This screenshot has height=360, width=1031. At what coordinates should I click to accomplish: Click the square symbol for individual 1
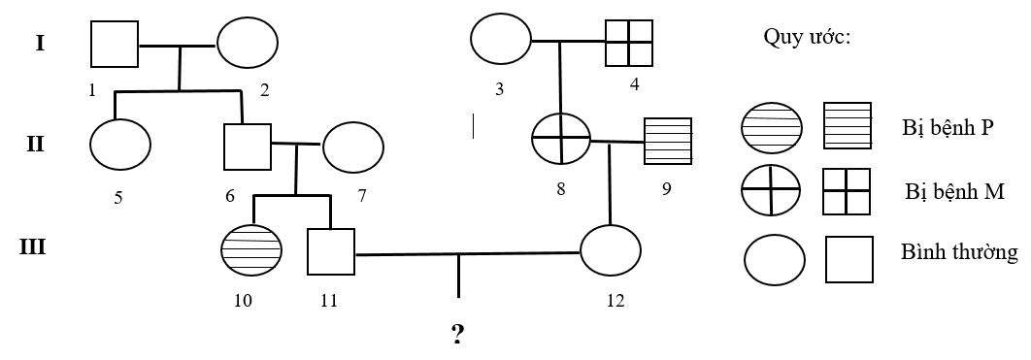pyautogui.click(x=115, y=45)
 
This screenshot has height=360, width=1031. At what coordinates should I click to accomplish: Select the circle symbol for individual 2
pyautogui.click(x=247, y=45)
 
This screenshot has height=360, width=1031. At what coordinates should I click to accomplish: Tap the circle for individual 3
pyautogui.click(x=501, y=41)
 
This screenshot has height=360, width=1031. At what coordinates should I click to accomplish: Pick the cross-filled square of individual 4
pyautogui.click(x=629, y=41)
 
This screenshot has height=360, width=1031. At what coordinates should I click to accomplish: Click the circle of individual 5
pyautogui.click(x=120, y=144)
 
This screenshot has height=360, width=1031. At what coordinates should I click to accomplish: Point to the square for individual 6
pyautogui.click(x=247, y=146)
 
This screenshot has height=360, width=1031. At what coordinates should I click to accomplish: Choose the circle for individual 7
pyautogui.click(x=352, y=147)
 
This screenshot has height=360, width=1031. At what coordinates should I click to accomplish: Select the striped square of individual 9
pyautogui.click(x=668, y=142)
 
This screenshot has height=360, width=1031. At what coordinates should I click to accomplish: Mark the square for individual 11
pyautogui.click(x=330, y=252)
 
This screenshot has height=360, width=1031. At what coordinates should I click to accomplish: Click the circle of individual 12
pyautogui.click(x=611, y=251)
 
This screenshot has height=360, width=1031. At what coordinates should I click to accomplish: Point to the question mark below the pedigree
pyautogui.click(x=457, y=335)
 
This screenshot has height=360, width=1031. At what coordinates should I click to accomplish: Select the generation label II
pyautogui.click(x=35, y=144)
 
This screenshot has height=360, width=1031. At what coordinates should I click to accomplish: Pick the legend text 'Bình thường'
pyautogui.click(x=959, y=253)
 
